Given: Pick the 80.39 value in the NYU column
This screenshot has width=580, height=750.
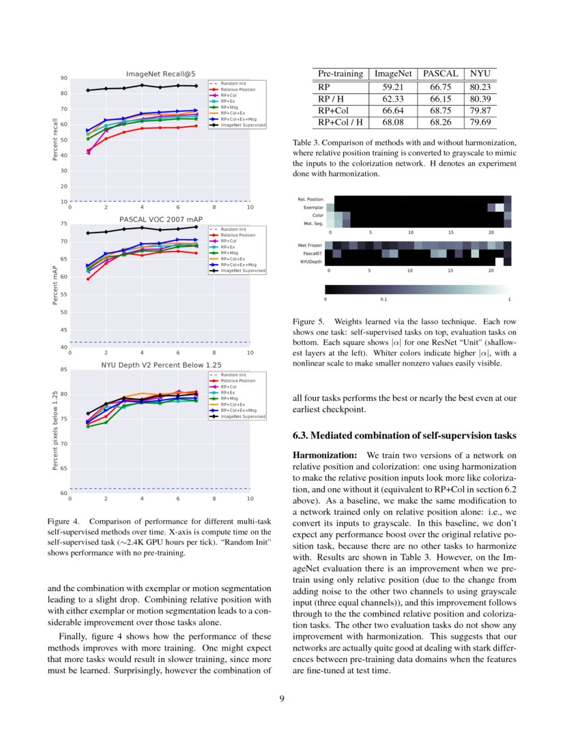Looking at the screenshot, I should coord(480,99).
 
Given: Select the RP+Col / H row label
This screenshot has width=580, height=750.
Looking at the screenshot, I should coord(340,123).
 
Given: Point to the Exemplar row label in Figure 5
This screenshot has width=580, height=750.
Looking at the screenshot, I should coord(314,207).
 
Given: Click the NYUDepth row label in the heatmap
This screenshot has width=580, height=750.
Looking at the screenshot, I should coord(311,261).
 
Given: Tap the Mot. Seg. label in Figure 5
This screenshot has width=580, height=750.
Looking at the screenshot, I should coord(313,224).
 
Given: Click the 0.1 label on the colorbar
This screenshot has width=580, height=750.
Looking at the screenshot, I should coord(383,299).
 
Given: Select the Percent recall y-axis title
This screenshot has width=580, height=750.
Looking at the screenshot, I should coord(55,140).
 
